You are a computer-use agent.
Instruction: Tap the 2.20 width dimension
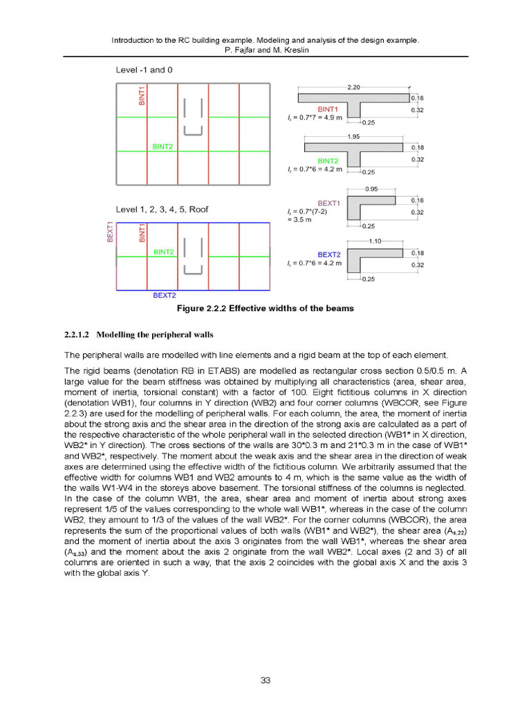pos(353,87)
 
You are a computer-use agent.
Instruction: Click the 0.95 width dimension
pos(371,188)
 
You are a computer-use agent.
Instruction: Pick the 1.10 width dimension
pos(375,241)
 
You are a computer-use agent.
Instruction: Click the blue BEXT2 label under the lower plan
pos(164,295)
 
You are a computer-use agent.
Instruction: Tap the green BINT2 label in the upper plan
pos(162,147)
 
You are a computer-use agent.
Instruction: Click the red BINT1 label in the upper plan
pos(142,95)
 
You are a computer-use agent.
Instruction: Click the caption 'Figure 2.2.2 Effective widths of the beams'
pos(265,308)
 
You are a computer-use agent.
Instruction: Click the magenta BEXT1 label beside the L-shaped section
pos(328,203)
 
